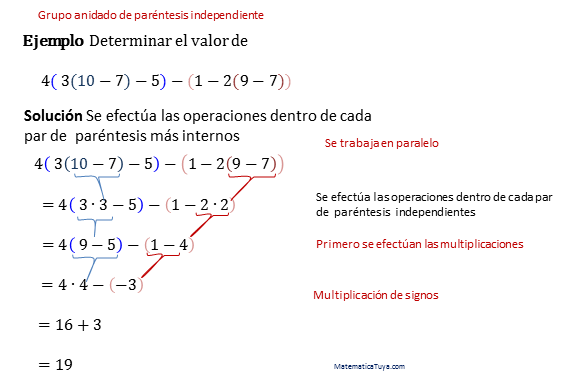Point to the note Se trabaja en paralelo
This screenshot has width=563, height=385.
[382, 143]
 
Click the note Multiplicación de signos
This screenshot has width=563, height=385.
[375, 295]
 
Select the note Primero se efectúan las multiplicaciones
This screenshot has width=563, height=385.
[419, 244]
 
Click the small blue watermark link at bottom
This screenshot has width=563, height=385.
[369, 366]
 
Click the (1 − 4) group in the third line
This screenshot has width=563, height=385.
[170, 244]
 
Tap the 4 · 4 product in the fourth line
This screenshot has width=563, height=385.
[77, 285]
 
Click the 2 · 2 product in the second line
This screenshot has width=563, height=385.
[214, 205]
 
